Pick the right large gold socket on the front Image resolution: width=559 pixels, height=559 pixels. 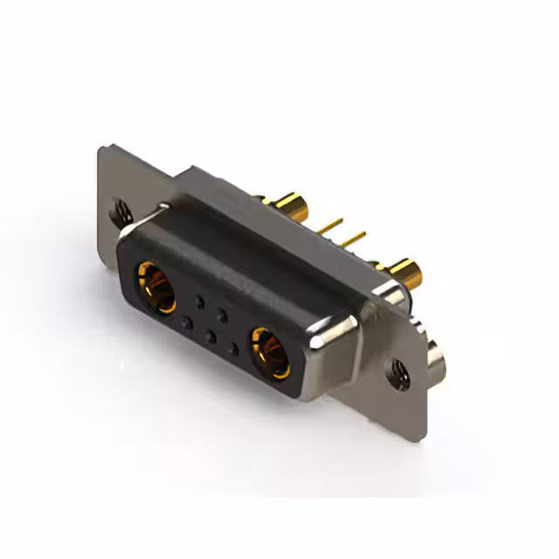(270, 351)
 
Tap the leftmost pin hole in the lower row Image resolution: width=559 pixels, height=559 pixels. (185, 323)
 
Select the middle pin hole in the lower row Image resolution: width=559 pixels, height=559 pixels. (209, 336)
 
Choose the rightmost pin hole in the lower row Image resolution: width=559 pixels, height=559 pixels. (232, 350)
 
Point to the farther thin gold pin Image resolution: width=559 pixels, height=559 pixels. (329, 225)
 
